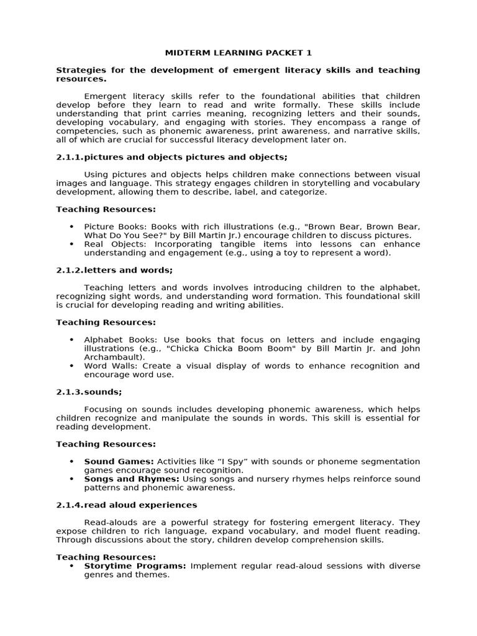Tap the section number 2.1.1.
click(70, 157)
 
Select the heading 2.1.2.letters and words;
click(114, 270)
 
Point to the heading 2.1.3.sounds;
click(89, 392)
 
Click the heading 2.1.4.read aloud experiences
click(127, 505)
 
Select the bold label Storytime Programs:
click(135, 566)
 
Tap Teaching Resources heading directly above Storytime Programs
click(106, 557)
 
